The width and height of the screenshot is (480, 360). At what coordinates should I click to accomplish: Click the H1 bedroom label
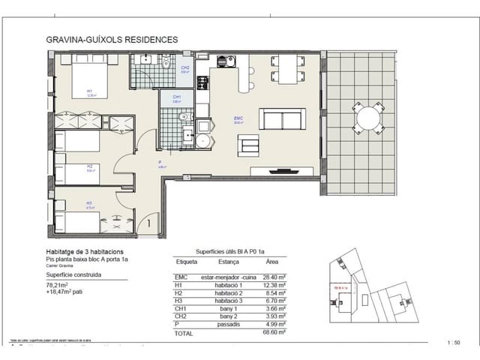pos(89,93)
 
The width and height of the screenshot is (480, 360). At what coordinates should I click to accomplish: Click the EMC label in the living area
pos(238,118)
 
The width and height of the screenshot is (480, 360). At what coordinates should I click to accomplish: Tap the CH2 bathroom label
pos(184,68)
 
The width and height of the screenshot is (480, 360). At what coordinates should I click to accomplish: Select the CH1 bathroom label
pos(176,97)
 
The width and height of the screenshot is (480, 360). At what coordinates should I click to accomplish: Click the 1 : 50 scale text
pos(453,343)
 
